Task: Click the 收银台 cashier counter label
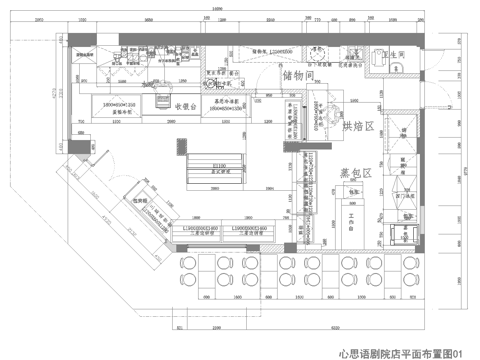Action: (x=191, y=103)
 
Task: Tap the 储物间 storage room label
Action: (x=300, y=76)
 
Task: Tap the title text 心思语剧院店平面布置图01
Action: (x=401, y=352)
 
